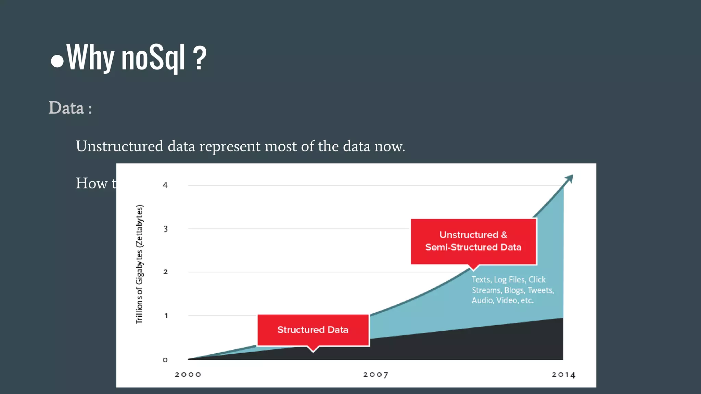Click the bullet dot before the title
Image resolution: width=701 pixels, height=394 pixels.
pos(57,61)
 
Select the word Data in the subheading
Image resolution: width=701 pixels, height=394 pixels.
pos(66,108)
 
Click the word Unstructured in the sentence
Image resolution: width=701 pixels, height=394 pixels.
pos(119,146)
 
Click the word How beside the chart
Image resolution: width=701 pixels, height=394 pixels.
pos(91,183)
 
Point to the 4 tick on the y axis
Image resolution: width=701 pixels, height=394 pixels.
pos(165,185)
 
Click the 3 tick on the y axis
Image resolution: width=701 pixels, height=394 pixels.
pos(166,229)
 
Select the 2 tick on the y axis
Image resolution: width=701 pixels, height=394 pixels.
pos(166,272)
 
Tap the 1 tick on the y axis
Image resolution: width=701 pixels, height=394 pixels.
pos(166,315)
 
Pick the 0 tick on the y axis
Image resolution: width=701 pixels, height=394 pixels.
pos(165,360)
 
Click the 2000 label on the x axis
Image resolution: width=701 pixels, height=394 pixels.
pos(188,375)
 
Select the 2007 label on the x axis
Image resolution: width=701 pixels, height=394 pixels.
pos(375,375)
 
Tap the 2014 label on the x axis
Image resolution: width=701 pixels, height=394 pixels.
pos(563,375)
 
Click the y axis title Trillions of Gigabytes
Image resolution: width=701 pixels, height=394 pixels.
pos(139,264)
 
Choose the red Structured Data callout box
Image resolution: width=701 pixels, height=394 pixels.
pos(313,330)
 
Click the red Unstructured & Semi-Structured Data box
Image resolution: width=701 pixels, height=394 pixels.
pos(473,241)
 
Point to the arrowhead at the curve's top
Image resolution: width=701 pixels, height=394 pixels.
pos(569,178)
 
